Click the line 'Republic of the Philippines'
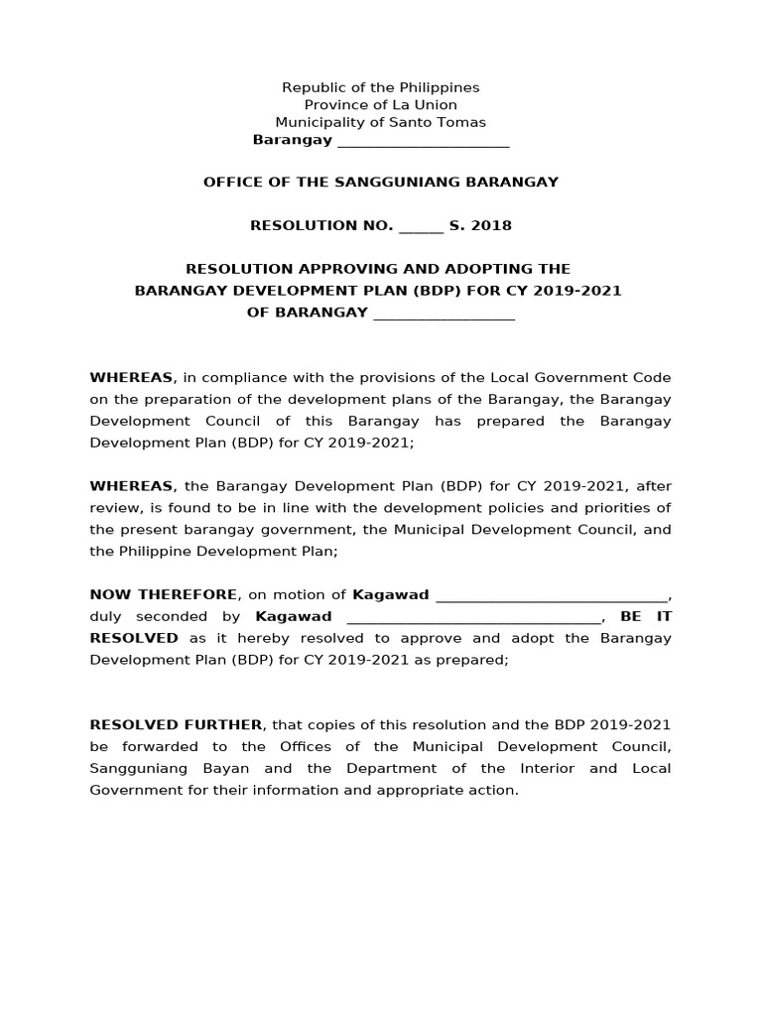[x=381, y=88]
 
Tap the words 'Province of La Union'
[x=381, y=105]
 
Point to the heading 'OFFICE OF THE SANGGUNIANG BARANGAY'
[x=381, y=183]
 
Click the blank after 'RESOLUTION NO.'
[x=421, y=226]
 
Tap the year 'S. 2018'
[x=481, y=226]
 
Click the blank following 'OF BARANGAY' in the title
[x=443, y=314]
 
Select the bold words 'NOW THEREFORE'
[x=164, y=595]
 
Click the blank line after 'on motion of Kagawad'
[x=552, y=595]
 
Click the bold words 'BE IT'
[x=646, y=617]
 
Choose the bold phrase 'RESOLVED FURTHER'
[x=176, y=725]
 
